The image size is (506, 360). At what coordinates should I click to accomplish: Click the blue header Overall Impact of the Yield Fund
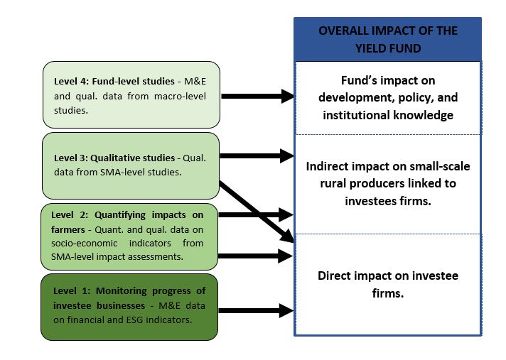click(387, 40)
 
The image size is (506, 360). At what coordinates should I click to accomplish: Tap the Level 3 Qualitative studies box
click(130, 165)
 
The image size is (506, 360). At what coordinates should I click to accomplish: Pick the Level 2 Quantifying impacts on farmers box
click(129, 236)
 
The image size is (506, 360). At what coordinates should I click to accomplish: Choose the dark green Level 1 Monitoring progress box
click(129, 307)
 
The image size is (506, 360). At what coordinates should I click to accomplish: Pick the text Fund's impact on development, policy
click(387, 97)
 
